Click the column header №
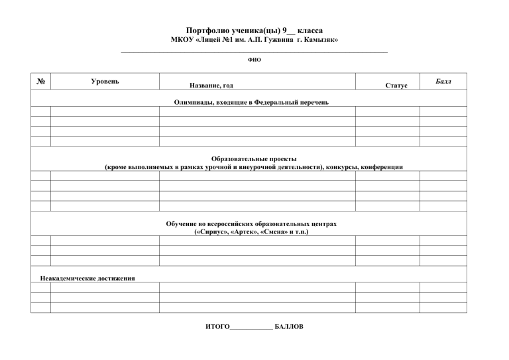40,82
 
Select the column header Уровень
105,81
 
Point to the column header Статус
396,86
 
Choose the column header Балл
443,80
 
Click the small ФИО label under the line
254,59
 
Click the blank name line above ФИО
254,51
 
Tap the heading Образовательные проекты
254,158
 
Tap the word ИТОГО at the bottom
217,327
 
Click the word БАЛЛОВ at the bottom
288,327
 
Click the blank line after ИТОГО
251,328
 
